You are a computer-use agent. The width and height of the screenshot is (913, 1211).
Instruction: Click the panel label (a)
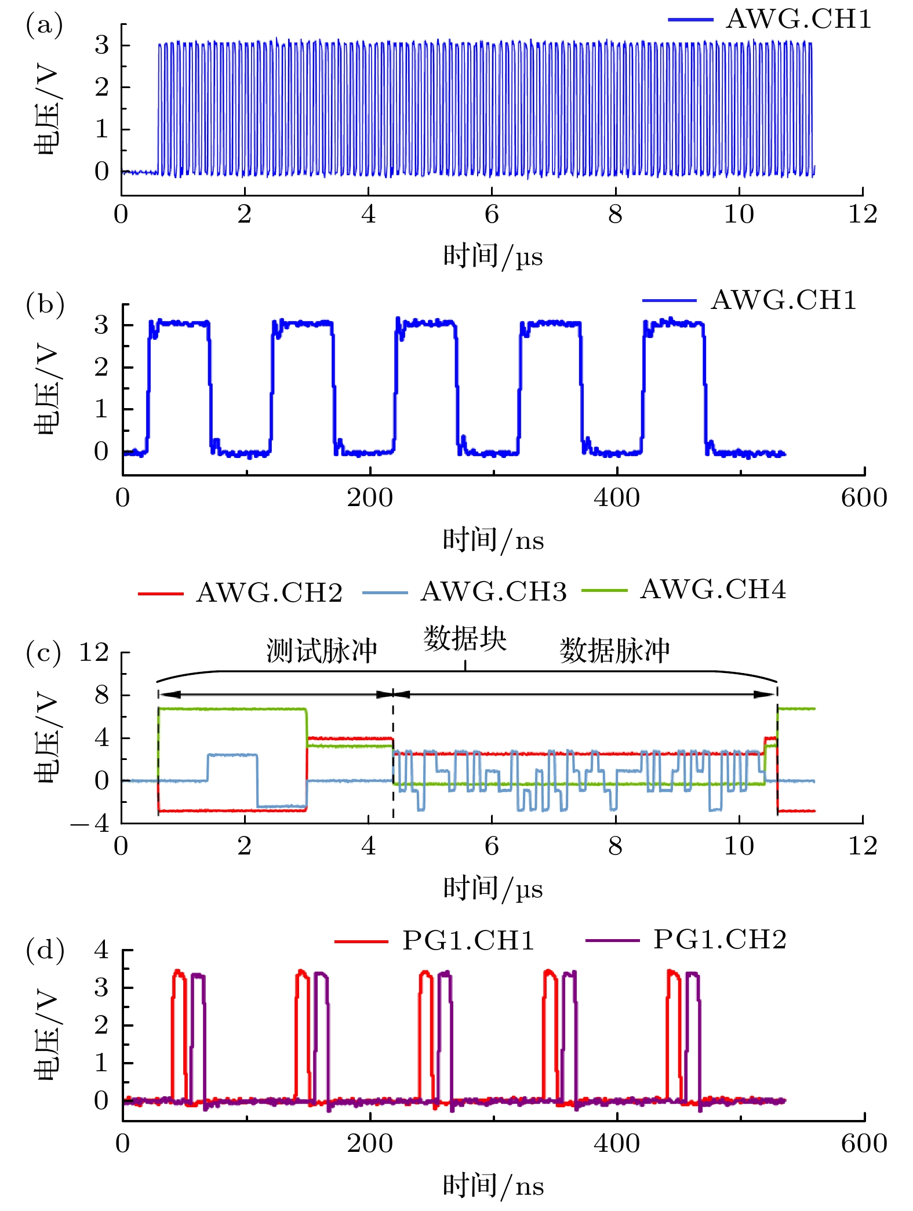(44, 26)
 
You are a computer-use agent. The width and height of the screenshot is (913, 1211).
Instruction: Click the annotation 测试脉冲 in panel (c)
(322, 650)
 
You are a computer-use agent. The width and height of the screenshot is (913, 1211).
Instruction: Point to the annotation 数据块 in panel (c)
(465, 639)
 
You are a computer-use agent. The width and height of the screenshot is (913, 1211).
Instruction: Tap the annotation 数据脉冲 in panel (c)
(614, 650)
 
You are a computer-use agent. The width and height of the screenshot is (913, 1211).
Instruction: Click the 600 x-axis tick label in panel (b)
(864, 498)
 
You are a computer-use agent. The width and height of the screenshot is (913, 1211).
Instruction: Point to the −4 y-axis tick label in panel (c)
(90, 823)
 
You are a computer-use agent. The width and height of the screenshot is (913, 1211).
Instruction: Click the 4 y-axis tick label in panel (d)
(101, 950)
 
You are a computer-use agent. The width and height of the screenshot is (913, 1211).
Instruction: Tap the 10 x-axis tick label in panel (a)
(739, 214)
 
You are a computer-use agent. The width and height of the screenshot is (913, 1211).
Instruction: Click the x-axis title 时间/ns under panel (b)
(493, 540)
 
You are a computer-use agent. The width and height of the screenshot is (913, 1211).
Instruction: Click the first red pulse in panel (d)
(179, 1038)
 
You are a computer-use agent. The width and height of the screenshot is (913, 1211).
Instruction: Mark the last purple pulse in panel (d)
(693, 1038)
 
